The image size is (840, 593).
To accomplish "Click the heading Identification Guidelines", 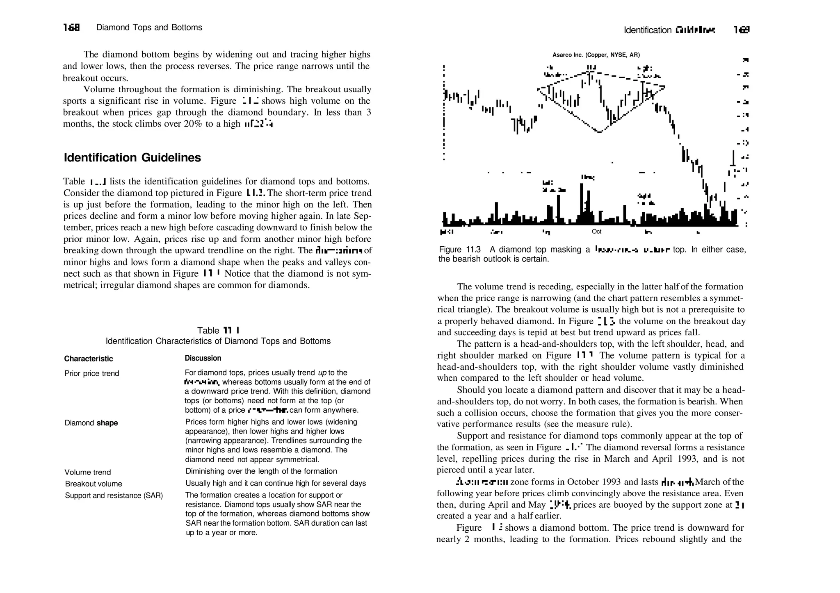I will click(132, 158).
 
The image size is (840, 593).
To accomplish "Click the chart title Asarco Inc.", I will click(596, 55).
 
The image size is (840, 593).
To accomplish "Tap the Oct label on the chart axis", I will click(596, 232).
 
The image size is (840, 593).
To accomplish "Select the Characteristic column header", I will click(88, 359).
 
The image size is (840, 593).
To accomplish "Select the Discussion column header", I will click(203, 358).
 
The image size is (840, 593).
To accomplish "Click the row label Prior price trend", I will click(91, 373).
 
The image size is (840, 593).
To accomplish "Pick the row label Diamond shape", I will click(91, 423).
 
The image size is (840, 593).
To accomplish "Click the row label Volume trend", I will click(88, 472).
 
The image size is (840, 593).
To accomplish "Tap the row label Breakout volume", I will click(93, 484).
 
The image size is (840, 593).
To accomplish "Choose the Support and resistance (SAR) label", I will click(114, 495).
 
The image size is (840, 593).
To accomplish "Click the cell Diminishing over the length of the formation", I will click(261, 471).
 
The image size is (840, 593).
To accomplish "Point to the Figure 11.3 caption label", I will click(459, 250).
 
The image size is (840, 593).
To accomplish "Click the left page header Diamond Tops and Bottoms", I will click(149, 27).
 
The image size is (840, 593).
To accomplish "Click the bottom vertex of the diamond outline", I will click(599, 132).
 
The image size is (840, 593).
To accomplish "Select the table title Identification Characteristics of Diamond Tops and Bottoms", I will click(218, 341).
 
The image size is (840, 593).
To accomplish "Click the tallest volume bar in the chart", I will click(582, 203).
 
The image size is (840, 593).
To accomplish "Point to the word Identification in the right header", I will click(647, 30).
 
